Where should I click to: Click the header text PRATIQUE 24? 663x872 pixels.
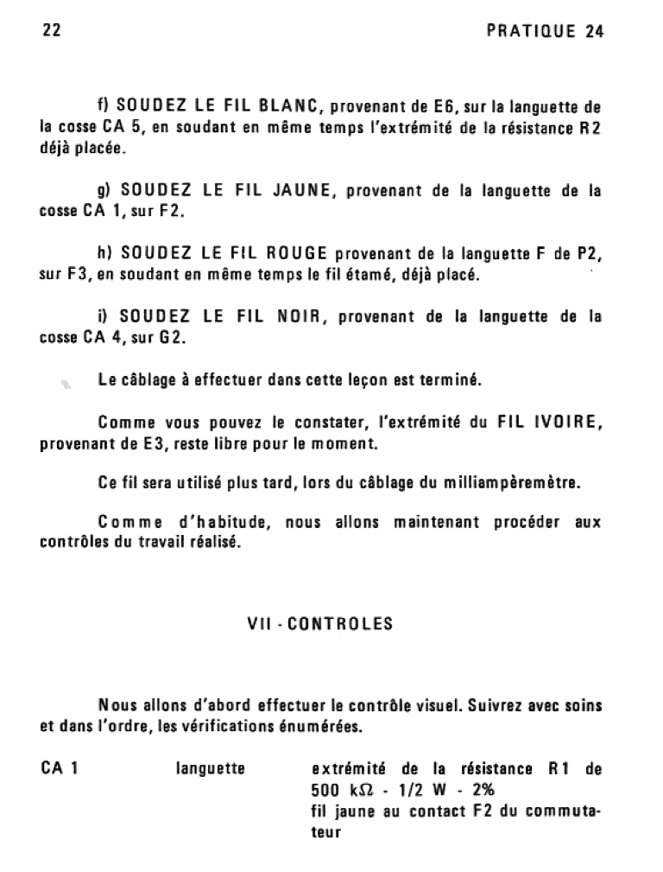click(545, 31)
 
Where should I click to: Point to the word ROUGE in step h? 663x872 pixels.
click(296, 253)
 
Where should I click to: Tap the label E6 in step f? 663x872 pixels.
click(441, 108)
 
